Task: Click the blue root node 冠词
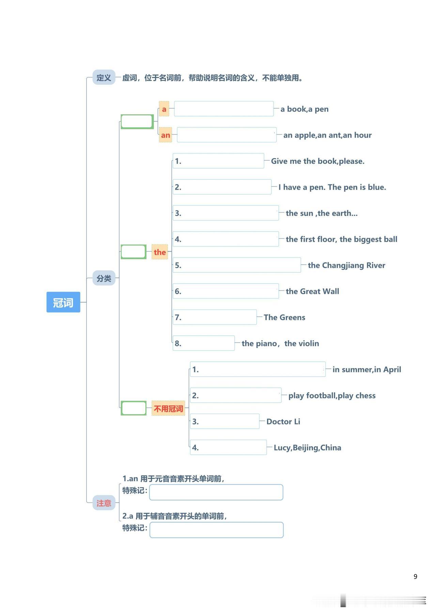point(63,302)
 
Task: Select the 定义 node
point(104,78)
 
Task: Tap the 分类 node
point(104,278)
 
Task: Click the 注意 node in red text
point(104,503)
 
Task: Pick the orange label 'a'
point(164,109)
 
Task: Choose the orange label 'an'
point(166,135)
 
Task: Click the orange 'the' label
point(160,252)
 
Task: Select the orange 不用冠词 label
point(168,408)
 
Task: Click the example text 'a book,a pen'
point(305,109)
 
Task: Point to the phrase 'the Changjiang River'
point(346,265)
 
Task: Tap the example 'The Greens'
point(284,317)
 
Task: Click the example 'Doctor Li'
point(283,422)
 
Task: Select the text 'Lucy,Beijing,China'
point(308,447)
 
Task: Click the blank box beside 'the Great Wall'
point(225,291)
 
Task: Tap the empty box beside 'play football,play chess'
point(236,395)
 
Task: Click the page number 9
point(415,576)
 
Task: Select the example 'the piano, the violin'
point(280,343)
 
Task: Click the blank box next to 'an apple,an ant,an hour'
point(227,135)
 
